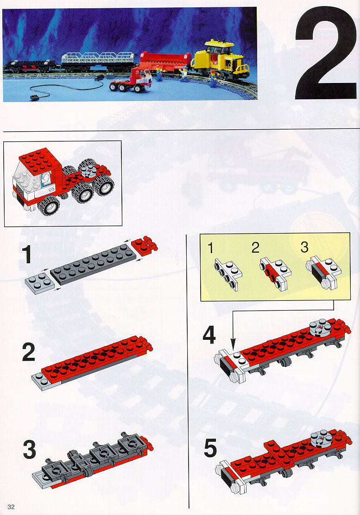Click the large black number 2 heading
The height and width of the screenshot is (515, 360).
click(x=326, y=54)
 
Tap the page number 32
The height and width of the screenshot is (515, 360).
click(x=11, y=507)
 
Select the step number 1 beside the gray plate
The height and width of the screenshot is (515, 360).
click(x=26, y=255)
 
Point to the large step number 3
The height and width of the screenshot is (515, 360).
click(x=29, y=450)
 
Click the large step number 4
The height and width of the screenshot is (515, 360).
click(x=209, y=336)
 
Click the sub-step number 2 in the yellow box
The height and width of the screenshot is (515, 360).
click(x=255, y=248)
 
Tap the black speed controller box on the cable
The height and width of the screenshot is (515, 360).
click(x=33, y=97)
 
